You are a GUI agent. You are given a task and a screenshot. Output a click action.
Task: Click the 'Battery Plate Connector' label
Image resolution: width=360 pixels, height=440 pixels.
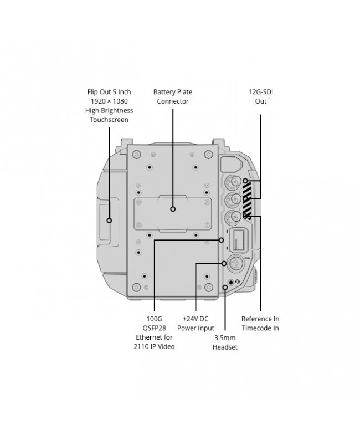coord(173,96)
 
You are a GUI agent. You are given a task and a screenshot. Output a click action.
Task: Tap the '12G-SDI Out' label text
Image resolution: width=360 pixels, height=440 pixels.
coord(261,96)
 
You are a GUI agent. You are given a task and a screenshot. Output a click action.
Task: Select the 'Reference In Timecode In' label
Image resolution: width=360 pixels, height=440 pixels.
coord(260,323)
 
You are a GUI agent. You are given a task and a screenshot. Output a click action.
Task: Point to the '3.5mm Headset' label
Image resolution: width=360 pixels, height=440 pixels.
coord(225,342)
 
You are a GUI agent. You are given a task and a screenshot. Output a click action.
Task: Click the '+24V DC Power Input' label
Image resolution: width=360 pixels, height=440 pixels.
coord(196,323)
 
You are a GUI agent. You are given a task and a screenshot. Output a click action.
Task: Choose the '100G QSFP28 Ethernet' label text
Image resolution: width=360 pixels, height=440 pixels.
coord(154,332)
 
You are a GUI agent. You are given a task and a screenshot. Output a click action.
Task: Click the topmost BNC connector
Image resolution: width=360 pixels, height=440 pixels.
coord(233,182)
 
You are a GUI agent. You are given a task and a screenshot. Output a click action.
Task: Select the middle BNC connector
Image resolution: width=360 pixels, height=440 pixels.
coord(233,199)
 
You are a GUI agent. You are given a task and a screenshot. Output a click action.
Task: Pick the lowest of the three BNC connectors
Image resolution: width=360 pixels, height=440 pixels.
coord(233,217)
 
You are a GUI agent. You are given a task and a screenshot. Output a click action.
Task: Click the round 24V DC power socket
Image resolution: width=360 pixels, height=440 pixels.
coord(235,264)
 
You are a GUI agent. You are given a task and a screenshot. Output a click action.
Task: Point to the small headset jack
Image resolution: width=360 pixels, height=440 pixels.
coord(231,282)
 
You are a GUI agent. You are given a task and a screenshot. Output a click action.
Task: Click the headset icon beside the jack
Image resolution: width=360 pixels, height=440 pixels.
coord(238,282)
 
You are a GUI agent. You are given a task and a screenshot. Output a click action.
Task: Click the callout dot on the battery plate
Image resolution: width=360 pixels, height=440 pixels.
coord(173,209)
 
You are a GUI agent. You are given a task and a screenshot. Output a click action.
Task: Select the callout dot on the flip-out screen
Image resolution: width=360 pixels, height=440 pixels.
coord(109,221)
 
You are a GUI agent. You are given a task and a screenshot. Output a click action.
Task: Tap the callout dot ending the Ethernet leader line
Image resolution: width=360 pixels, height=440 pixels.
coord(222,240)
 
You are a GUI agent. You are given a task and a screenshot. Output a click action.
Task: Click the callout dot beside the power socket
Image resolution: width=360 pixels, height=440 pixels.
coord(224,263)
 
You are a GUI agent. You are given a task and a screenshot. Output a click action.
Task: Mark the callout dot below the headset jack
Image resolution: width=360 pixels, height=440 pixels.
coord(225,288)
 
